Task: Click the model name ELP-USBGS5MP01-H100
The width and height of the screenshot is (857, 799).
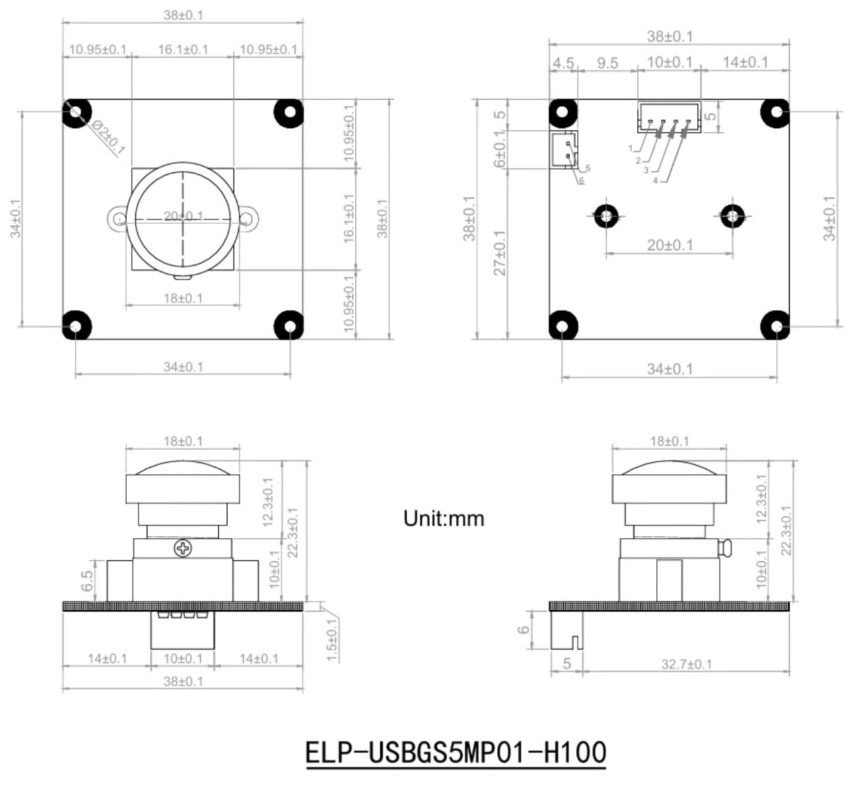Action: [x=456, y=753]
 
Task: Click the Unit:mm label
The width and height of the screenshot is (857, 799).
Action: [x=444, y=518]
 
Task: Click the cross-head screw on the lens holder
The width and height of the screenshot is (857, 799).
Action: [x=182, y=547]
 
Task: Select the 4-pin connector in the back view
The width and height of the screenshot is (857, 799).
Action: [x=668, y=118]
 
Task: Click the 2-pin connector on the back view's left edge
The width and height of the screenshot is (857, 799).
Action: [x=563, y=149]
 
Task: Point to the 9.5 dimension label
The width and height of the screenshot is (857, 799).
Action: [x=607, y=63]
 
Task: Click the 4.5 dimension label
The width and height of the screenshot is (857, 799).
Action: [x=563, y=63]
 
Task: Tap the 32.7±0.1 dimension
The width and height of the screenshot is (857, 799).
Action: [x=687, y=664]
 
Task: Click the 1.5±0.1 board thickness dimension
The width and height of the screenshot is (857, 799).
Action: [x=332, y=639]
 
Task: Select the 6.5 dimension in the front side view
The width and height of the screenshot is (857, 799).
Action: [x=87, y=581]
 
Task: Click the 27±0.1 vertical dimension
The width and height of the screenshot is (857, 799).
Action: [x=499, y=252]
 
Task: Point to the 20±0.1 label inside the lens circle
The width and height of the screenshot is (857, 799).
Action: [x=184, y=216]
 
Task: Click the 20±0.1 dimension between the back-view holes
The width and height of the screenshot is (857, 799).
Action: [x=669, y=245]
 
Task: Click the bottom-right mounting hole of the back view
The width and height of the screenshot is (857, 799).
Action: [x=776, y=326]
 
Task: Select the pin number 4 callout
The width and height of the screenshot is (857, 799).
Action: [x=655, y=181]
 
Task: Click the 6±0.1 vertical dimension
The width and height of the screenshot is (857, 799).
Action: [x=499, y=150]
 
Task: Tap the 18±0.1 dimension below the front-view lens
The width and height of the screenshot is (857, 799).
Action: [x=183, y=298]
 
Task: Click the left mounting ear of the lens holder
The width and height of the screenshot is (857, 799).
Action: [x=118, y=218]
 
